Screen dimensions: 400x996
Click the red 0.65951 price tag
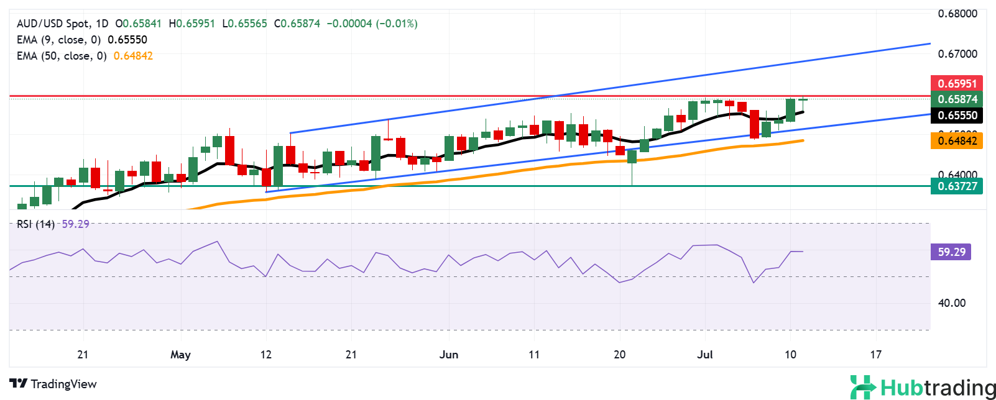[957, 83]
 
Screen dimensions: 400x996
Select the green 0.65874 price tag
[957, 99]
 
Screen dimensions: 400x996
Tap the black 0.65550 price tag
[957, 115]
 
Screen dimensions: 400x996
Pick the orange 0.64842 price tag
[957, 140]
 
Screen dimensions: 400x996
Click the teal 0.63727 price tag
[957, 186]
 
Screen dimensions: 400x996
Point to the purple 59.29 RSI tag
[951, 252]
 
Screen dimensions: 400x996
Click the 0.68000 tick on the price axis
[957, 14]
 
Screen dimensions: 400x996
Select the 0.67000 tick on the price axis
[957, 54]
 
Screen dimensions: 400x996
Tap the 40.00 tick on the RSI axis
[952, 303]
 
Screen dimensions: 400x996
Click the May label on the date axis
[180, 355]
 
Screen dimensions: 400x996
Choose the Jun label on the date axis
[448, 355]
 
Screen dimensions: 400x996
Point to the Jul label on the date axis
[704, 355]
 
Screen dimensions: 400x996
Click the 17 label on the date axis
[875, 355]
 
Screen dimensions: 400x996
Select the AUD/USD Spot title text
[53, 24]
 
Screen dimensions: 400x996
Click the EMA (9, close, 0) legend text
[58, 40]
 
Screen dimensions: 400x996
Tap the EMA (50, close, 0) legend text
[62, 56]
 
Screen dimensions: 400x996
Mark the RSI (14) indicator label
[35, 224]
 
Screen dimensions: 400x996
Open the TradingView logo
[53, 384]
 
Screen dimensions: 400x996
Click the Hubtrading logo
[923, 387]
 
